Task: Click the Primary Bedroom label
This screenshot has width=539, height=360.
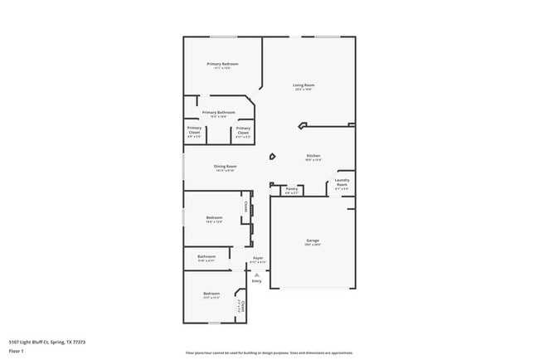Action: click(x=223, y=64)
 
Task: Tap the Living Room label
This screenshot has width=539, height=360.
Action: click(x=303, y=85)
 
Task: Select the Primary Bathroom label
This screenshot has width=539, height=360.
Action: click(x=219, y=112)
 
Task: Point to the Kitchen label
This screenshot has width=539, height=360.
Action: click(x=313, y=156)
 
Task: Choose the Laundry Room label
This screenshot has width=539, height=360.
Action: click(x=342, y=182)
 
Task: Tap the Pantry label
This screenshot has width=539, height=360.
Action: click(x=291, y=188)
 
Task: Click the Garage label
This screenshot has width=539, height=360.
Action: click(x=313, y=241)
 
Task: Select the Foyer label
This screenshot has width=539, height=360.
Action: click(x=259, y=257)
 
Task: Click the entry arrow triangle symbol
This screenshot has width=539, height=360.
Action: click(x=257, y=270)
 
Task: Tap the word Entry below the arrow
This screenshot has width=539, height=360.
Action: click(x=257, y=281)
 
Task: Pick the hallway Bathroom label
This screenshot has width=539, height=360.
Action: click(x=206, y=256)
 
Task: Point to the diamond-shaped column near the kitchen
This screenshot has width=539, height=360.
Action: click(x=272, y=156)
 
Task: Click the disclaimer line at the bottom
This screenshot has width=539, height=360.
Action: click(x=269, y=353)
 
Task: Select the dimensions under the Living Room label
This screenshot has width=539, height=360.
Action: click(x=303, y=89)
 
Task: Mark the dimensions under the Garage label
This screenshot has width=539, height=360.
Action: click(x=313, y=245)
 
